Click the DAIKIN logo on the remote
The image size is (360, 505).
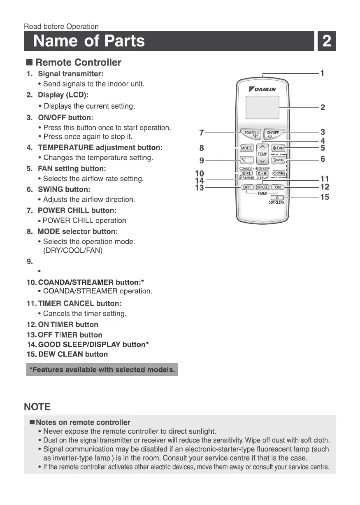[262, 89]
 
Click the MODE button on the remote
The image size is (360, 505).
[246, 148]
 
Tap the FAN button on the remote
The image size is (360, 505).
[279, 148]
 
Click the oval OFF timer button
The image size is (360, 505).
[247, 187]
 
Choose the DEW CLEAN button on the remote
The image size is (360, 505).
[277, 198]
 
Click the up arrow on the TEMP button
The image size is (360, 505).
[262, 147]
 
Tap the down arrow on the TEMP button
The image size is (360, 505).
[262, 161]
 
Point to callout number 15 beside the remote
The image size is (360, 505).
[325, 197]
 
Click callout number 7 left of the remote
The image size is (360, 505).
[201, 133]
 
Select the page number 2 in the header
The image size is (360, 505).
[327, 41]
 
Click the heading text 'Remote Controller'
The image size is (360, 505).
[78, 63]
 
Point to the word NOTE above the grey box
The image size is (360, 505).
[37, 407]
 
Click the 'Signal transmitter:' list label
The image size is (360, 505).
[70, 74]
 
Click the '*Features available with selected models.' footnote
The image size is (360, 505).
[102, 370]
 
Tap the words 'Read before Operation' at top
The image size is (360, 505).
[61, 27]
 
